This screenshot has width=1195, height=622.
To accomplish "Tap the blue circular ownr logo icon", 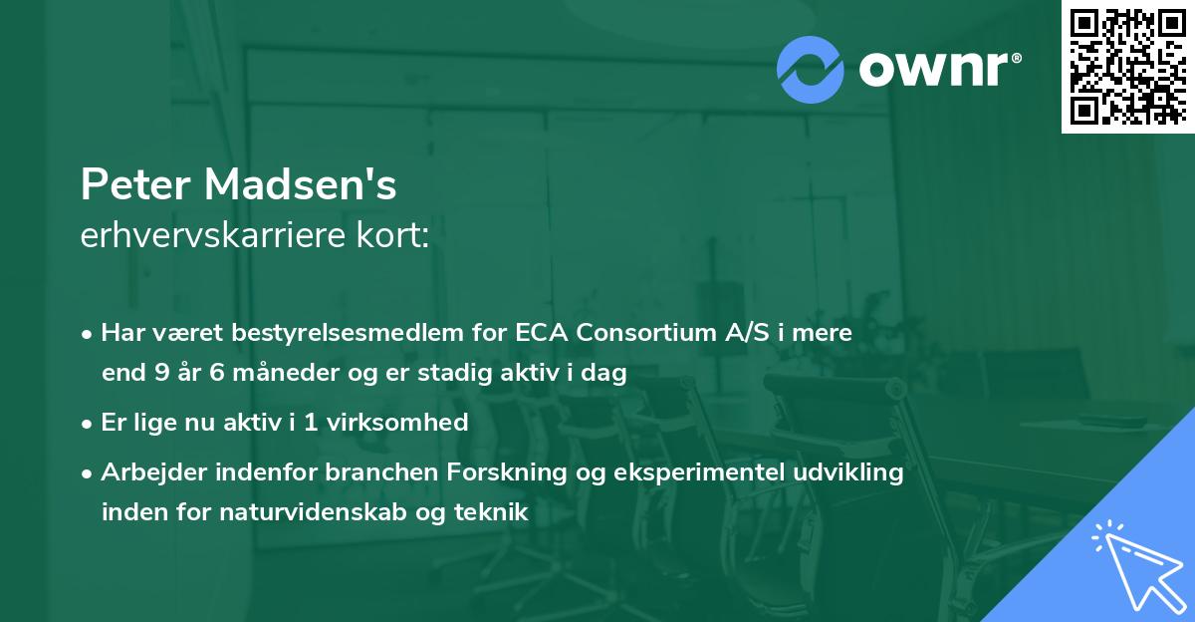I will coord(811,69).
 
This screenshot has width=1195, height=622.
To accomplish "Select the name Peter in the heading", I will coord(136,184).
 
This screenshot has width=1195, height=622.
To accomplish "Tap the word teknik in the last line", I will coord(488,513).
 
